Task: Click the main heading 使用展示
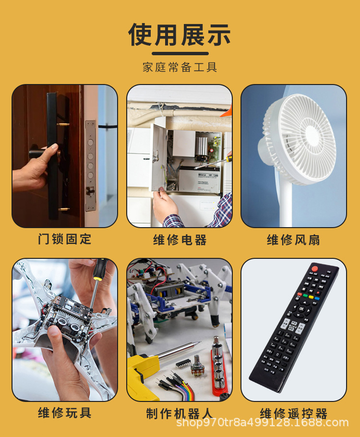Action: pos(180,35)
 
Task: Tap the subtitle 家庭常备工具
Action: pos(180,67)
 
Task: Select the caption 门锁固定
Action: pos(64,239)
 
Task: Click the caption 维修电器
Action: pos(180,240)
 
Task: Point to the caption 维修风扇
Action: pos(293,240)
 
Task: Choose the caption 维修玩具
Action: pos(64,412)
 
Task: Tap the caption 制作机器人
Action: pos(180,413)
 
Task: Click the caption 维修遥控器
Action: pos(293,413)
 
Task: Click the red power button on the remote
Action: pos(315,268)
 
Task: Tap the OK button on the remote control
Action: pos(302,308)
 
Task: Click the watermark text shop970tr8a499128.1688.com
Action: pos(262,423)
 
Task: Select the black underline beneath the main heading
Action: pos(180,53)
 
